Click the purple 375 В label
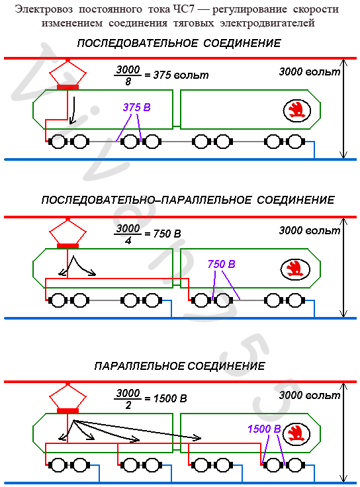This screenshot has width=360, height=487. pos(137,107)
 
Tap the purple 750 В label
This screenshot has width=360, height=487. pos(222,264)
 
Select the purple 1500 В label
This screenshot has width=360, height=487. pos(264,429)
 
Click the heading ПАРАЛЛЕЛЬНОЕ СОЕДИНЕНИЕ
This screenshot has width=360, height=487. pos(180,366)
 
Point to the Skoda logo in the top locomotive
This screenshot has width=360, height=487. pos(297,111)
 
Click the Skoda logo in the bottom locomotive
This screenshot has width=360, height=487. pos(294,434)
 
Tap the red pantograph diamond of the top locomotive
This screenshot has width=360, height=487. pos(67,72)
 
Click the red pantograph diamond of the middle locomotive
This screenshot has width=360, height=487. pos(67,232)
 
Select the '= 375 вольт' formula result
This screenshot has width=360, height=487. pos(177,75)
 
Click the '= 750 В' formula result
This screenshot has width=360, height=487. pos(163,234)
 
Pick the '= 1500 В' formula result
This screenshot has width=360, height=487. pos(166,398)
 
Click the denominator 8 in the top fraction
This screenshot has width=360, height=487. pos(128,81)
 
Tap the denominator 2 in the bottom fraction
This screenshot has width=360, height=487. pos(128,405)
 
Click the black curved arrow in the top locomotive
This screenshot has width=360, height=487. pos(73,111)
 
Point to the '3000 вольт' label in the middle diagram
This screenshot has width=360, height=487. pos(310,230)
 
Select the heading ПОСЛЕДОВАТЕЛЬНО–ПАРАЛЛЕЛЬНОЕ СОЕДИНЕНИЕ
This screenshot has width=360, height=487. pos(188,200)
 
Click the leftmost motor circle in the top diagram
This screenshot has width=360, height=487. pos(58,142)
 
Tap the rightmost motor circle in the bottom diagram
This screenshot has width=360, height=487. pos(294,465)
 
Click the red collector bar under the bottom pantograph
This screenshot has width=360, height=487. pos(67,411)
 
